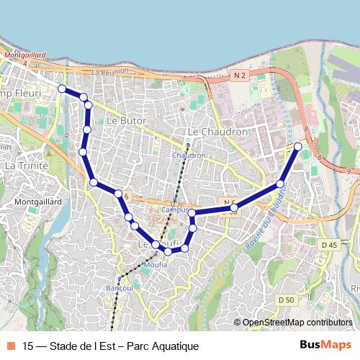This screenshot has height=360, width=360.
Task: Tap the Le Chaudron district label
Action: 217,132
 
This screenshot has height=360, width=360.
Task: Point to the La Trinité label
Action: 26,166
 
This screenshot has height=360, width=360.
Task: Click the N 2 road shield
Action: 240,75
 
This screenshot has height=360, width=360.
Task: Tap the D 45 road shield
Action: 329,246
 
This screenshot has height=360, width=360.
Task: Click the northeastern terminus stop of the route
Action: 298,147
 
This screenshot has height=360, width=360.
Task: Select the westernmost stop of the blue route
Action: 62,89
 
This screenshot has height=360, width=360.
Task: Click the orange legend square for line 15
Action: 10,346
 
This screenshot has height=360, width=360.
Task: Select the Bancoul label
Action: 119,287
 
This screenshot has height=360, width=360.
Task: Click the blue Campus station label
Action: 175,210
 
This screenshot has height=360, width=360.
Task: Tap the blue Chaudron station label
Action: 189,155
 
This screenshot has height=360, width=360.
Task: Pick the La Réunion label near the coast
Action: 109,71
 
